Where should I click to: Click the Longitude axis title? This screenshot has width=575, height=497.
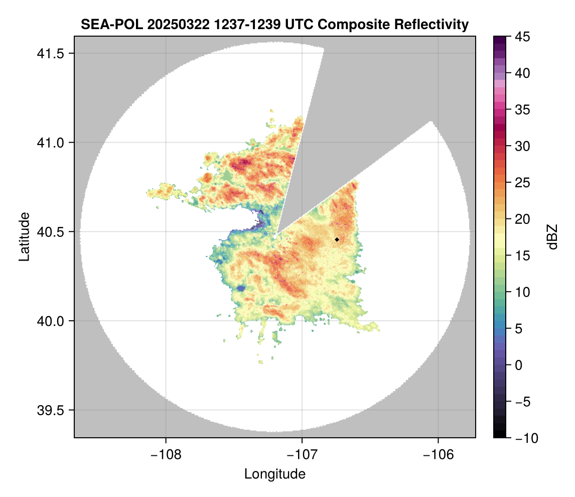[x=274, y=473]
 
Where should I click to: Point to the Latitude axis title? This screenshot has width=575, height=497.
[x=24, y=236]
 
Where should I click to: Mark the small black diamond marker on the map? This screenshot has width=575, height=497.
[x=337, y=239]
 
